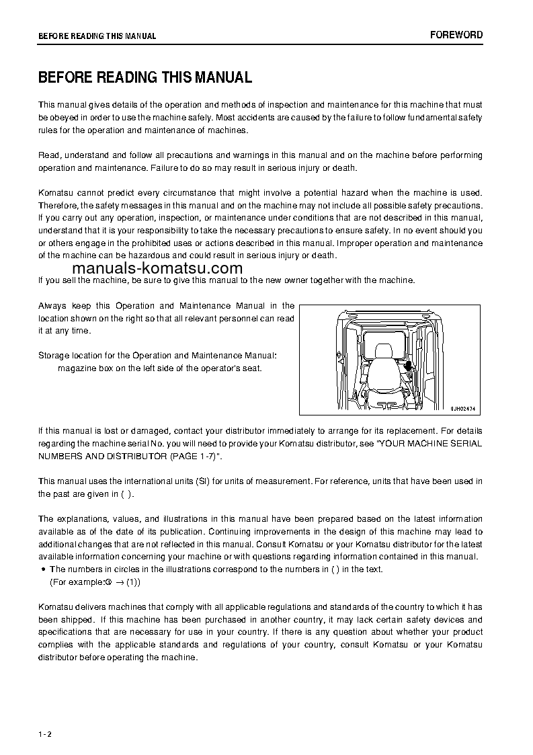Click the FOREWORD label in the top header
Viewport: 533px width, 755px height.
pos(456,35)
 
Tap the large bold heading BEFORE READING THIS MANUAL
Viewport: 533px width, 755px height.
pos(145,77)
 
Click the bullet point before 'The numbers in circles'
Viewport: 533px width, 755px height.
pos(44,569)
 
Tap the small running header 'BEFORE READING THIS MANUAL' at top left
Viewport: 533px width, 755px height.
pos(97,36)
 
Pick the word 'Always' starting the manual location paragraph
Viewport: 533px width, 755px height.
pos(52,306)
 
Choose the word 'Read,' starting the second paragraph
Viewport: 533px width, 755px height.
pos(50,155)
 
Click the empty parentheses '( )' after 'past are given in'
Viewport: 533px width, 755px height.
pos(127,494)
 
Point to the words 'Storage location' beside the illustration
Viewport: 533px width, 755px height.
pos(71,355)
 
